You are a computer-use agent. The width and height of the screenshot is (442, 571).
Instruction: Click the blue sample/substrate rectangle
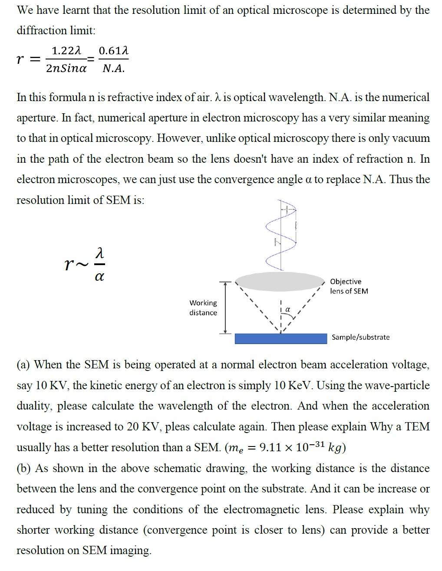pos(280,338)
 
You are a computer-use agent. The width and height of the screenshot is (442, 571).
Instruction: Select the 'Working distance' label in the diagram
pos(203,308)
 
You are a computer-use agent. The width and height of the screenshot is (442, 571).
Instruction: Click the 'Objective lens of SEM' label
pos(349,286)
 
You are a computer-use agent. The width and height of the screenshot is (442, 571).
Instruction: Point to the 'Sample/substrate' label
pos(360,337)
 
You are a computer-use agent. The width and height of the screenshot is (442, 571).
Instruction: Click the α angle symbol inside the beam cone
pos(287,310)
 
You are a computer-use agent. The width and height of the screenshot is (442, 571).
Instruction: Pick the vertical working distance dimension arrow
pos(225,307)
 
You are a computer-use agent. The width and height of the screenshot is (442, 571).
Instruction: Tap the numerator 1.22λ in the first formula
pos(66,51)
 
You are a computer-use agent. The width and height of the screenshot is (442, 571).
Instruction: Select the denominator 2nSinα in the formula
pos(66,68)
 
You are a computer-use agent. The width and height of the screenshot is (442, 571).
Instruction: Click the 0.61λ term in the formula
pos(113,51)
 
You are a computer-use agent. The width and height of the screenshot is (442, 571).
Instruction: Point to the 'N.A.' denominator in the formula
pos(113,68)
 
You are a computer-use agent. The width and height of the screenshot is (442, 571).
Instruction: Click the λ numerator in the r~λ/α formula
pos(99,252)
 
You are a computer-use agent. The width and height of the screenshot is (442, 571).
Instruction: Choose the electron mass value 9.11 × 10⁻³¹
pos(291,447)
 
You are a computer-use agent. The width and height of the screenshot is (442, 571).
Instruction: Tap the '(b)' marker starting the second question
pos(24,469)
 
